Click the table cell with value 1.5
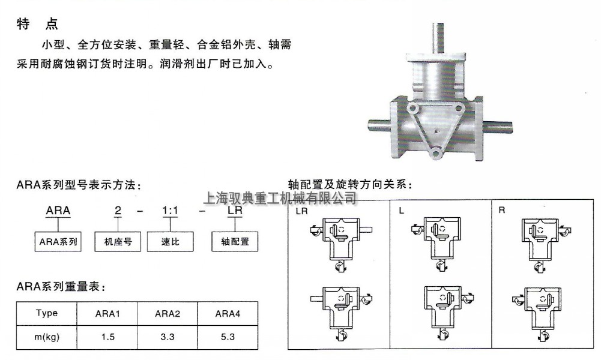tap(108, 337)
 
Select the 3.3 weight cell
tap(168, 337)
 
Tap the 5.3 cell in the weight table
tap(228, 337)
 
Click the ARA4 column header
tap(228, 313)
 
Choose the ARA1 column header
tap(108, 313)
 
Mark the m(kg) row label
tap(47, 337)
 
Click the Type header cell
tap(47, 313)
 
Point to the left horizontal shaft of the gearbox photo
tap(377, 126)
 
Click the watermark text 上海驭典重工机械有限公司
tap(281, 197)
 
